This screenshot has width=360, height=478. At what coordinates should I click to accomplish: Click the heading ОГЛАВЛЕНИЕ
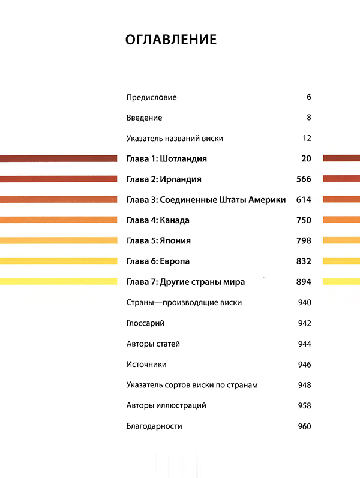[171, 40]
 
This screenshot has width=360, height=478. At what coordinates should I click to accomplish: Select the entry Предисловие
[152, 97]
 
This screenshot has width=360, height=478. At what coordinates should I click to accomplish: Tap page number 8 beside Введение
[308, 118]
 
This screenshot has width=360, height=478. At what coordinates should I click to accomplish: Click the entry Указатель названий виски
[175, 138]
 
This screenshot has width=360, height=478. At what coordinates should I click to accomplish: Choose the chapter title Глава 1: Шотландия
[167, 158]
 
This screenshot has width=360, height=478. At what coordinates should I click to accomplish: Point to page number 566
[304, 179]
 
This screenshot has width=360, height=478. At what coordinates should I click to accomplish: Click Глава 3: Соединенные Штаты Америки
[206, 200]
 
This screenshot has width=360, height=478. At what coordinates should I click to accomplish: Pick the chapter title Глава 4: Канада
[158, 220]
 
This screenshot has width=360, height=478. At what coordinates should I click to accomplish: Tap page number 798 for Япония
[304, 240]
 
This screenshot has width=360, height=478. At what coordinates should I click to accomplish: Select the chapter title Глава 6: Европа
[158, 261]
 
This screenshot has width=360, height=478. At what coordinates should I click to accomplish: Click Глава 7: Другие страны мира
[186, 282]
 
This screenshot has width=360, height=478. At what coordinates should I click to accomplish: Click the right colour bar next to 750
[341, 220]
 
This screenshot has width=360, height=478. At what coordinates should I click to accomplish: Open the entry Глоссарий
[146, 323]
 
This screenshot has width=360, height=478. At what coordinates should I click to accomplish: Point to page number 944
[304, 344]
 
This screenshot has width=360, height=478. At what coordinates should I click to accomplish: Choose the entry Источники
[146, 364]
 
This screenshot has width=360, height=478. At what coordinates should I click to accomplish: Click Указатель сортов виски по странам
[192, 384]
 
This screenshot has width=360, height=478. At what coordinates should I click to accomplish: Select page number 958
[304, 405]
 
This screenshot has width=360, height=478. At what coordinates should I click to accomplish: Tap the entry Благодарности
[154, 426]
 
